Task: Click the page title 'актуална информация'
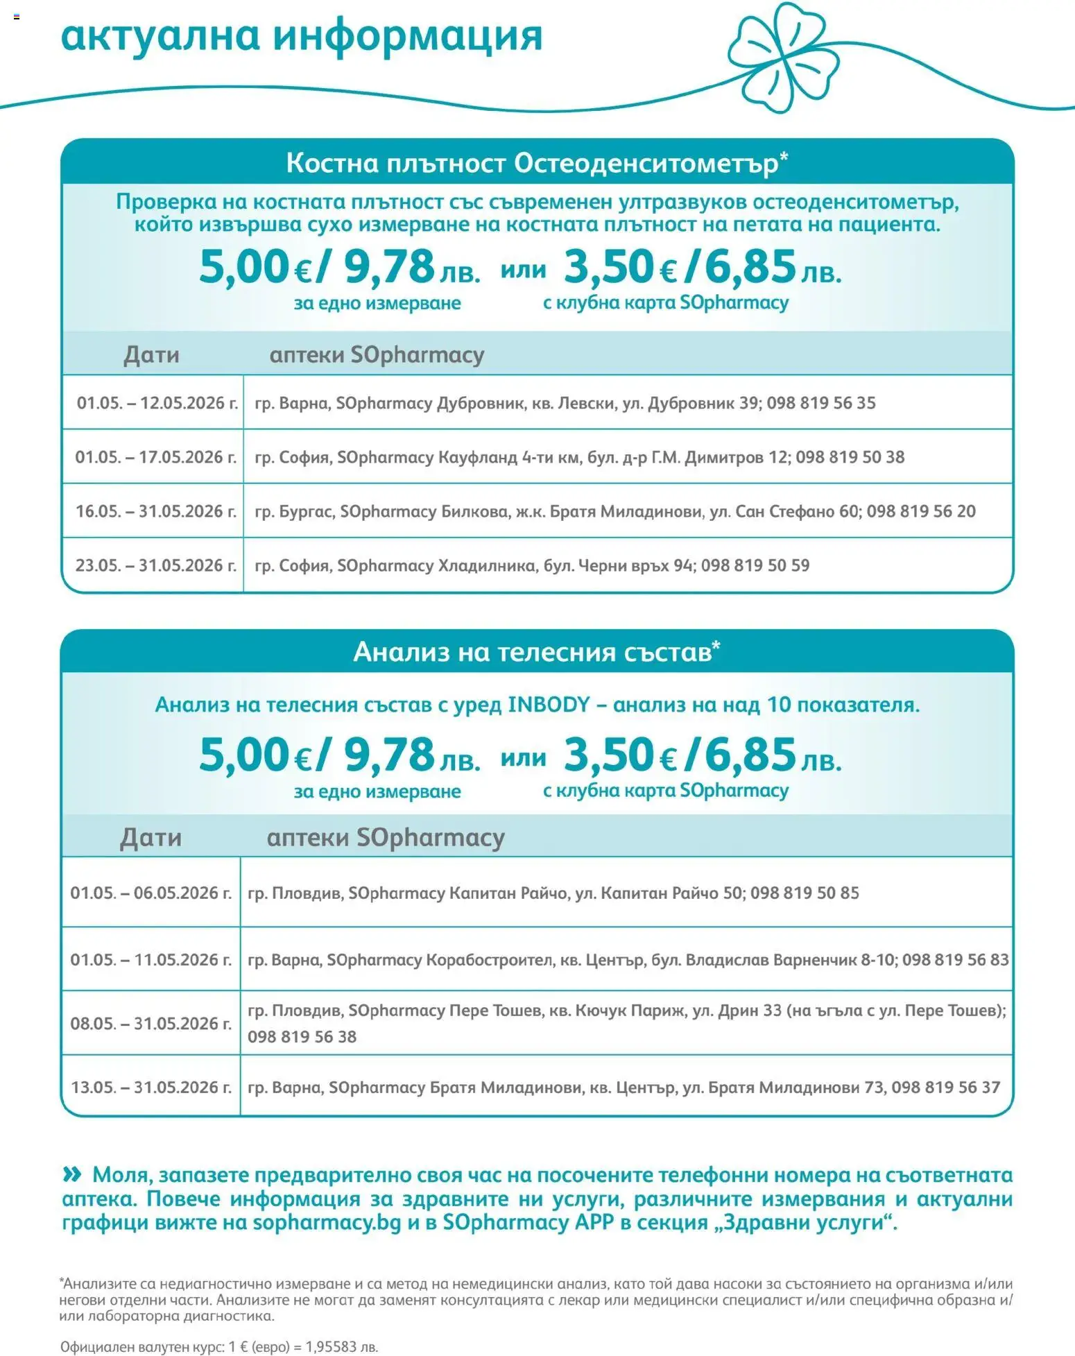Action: (302, 36)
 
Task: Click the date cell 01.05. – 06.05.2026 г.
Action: (151, 893)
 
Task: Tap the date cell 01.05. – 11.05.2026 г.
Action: (151, 959)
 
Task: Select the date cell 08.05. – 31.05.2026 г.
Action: (151, 1023)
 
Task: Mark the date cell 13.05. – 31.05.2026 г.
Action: (151, 1087)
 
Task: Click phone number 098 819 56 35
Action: (821, 403)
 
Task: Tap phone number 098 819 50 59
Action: (755, 565)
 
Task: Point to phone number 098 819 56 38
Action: (302, 1036)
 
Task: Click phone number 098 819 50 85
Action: (805, 893)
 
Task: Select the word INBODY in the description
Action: (549, 705)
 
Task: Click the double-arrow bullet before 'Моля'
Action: (72, 1174)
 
